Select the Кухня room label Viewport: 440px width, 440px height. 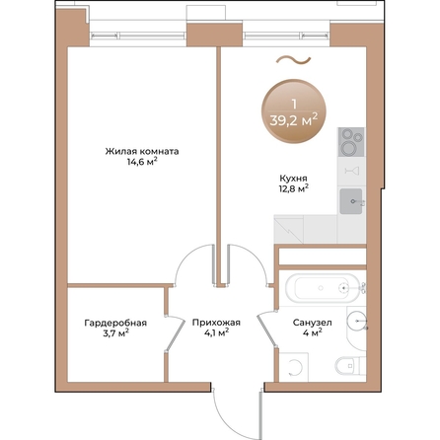pos(291,178)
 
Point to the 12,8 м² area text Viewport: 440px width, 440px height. pos(291,187)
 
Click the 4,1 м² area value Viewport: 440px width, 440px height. pos(211,333)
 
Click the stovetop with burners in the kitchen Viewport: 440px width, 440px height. pos(351,143)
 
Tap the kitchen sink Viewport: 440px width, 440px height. pos(352,201)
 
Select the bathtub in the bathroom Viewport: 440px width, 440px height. pos(318,288)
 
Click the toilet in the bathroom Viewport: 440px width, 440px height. pos(340,370)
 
